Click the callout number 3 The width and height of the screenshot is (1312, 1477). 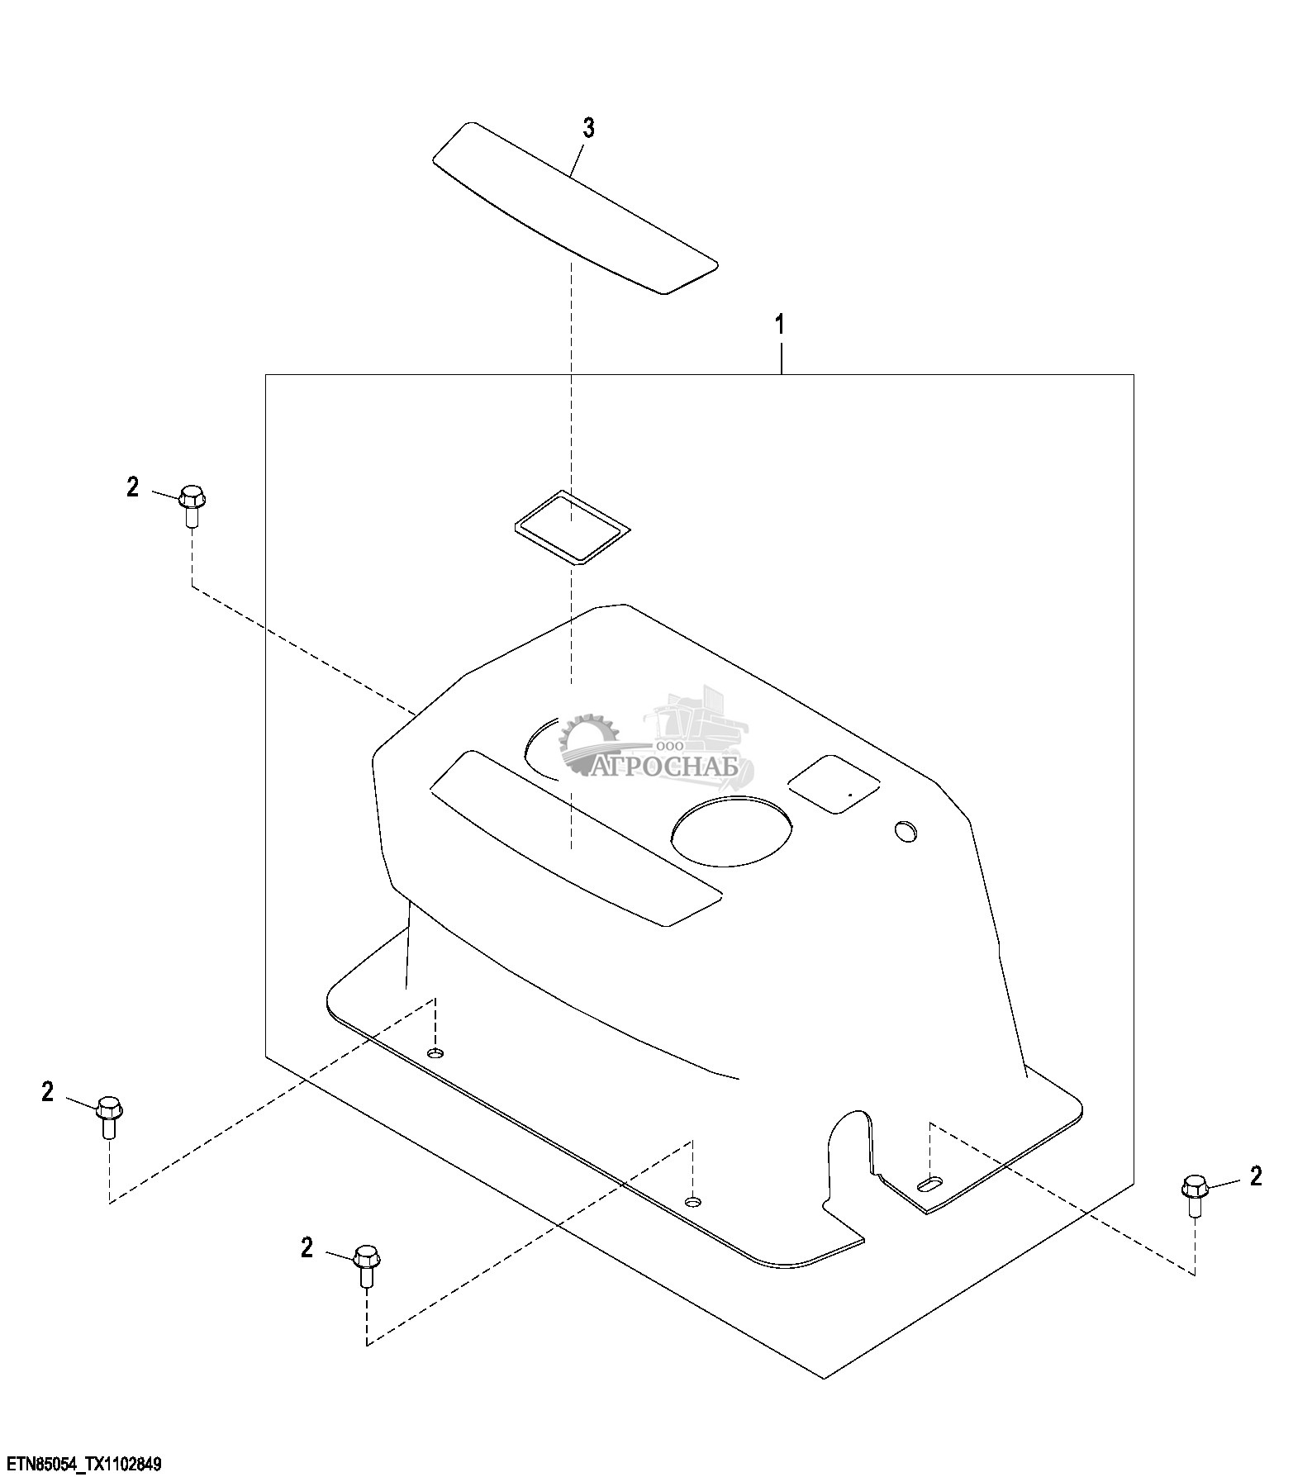coord(588,128)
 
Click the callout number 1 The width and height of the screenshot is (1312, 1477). coord(779,324)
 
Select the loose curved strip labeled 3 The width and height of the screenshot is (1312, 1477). coord(575,209)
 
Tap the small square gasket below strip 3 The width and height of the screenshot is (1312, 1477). coord(571,526)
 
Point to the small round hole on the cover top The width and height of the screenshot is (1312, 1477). coord(906,831)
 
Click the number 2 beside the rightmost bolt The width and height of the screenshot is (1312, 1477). coord(1256,1176)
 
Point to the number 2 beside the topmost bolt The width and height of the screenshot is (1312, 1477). coord(133,487)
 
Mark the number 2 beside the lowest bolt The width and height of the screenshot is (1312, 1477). coord(307,1247)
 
